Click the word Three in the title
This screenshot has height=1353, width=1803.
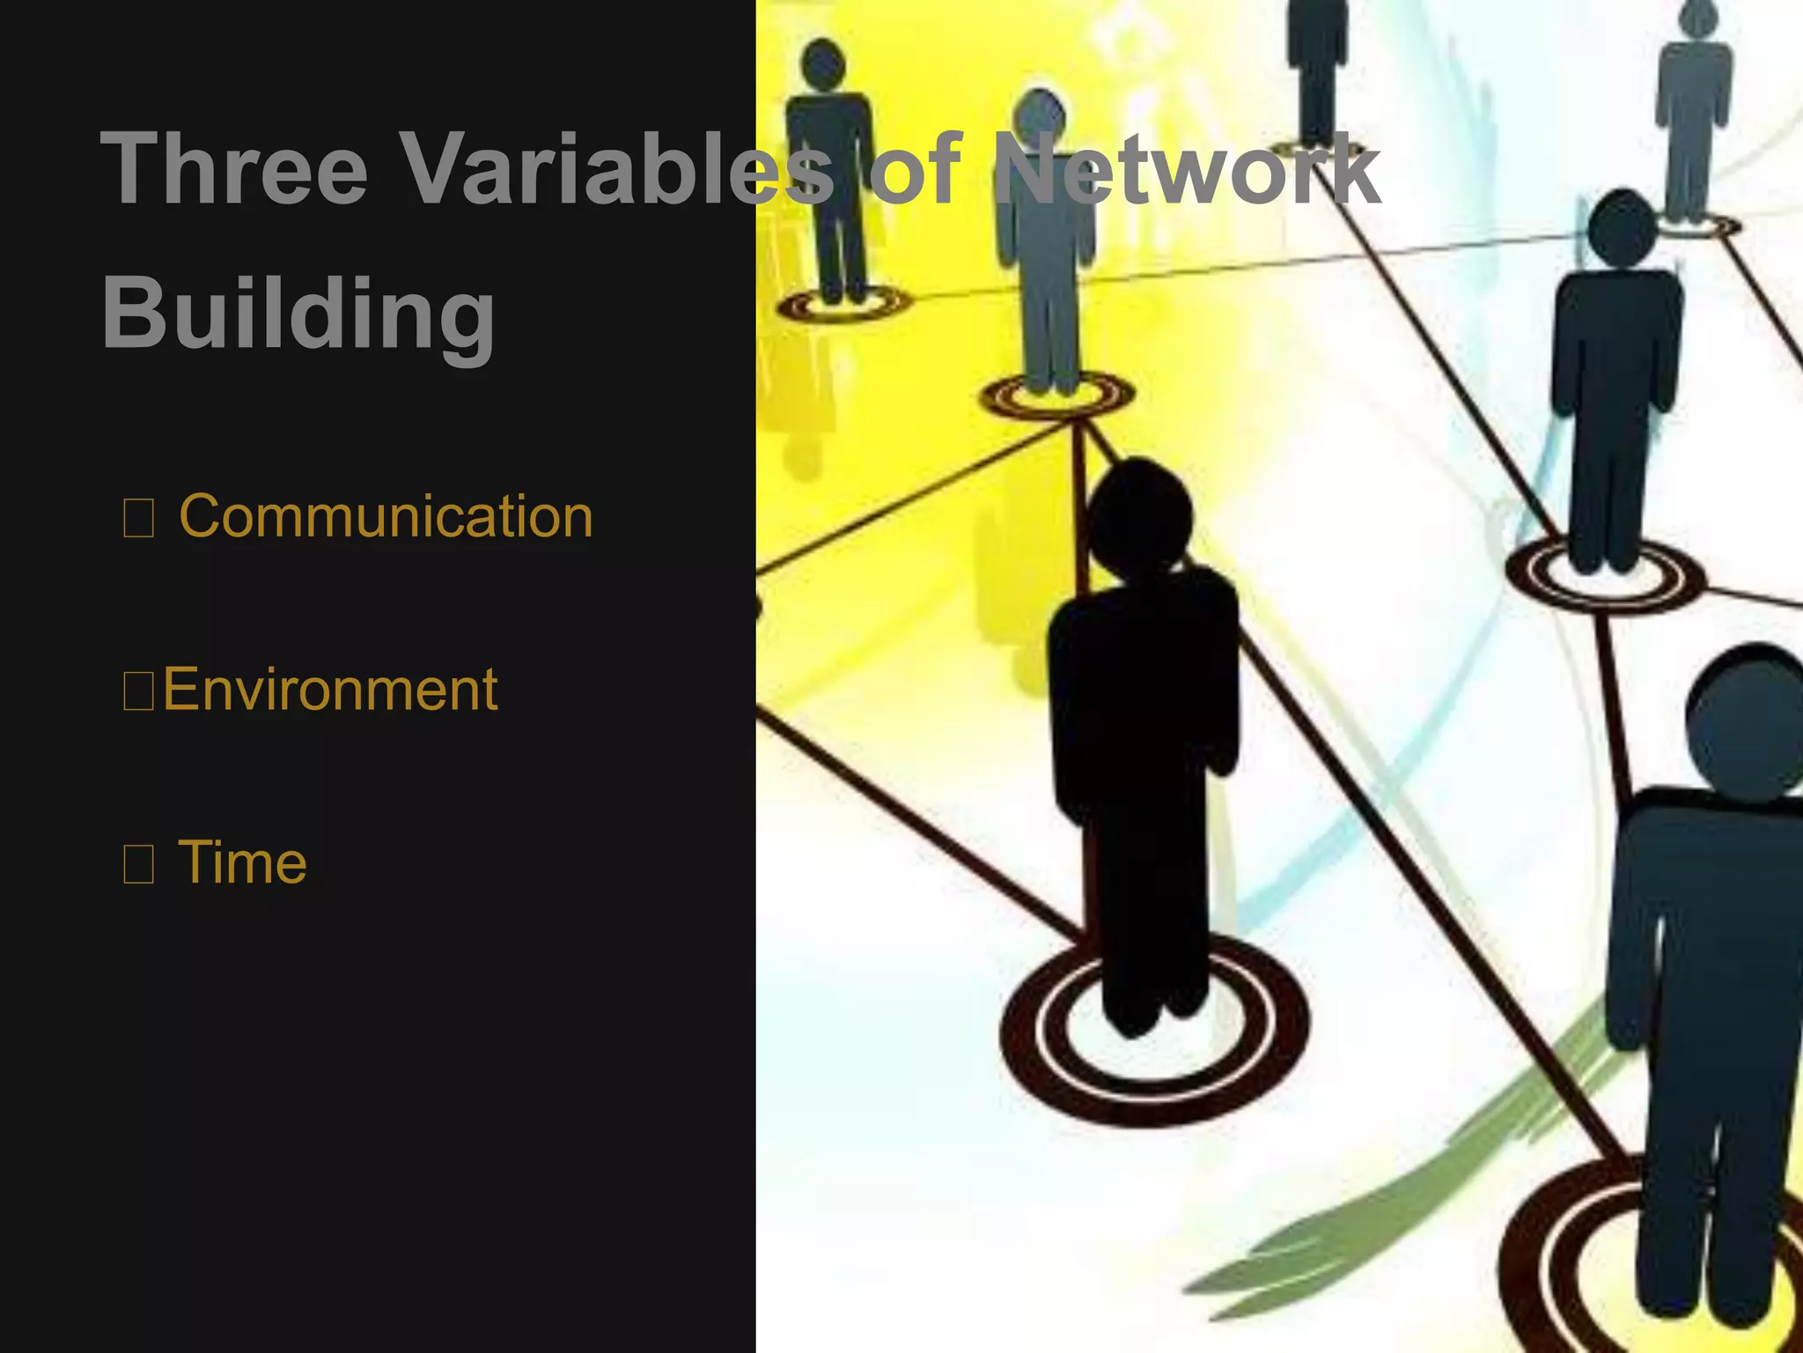coord(233,169)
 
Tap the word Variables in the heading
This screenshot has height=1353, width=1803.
coord(616,169)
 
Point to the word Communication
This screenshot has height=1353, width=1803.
coord(386,516)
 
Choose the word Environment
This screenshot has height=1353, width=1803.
coord(330,689)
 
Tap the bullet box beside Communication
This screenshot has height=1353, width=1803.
coord(138,518)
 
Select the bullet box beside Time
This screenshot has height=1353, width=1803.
coord(138,864)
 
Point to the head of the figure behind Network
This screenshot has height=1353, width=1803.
coord(1040,119)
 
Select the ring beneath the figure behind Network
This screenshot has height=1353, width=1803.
coord(1056,396)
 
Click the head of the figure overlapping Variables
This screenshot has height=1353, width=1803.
coord(824,64)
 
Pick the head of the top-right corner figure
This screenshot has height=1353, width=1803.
coord(1697,18)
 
